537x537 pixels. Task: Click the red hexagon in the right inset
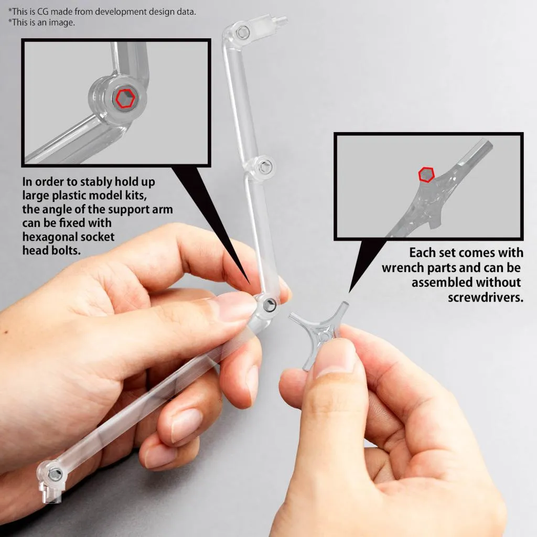(x=426, y=174)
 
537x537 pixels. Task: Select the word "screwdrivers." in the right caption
(x=485, y=297)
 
